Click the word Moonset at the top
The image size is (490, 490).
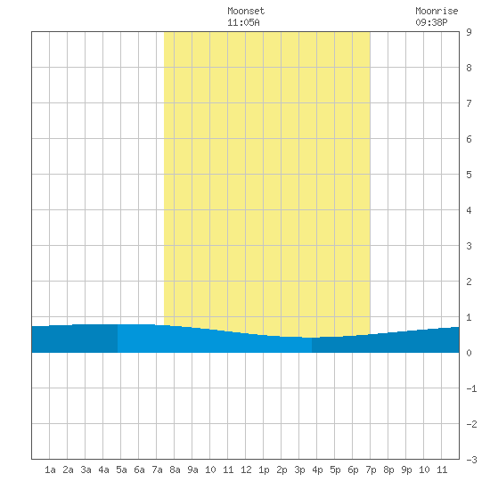[x=246, y=11]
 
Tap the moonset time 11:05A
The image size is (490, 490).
[x=243, y=22]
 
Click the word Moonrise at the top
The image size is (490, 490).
[x=437, y=11]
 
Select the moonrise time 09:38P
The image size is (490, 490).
[x=431, y=22]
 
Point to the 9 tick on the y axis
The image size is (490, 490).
[x=469, y=32]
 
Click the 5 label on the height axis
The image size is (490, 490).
[x=469, y=175]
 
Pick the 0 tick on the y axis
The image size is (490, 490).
[x=469, y=353]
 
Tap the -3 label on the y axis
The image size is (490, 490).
[x=471, y=460]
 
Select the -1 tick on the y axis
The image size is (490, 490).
[x=471, y=388]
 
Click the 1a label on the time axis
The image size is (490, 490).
[x=50, y=470]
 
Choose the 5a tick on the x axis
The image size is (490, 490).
[x=121, y=470]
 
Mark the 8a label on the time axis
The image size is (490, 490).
[x=175, y=470]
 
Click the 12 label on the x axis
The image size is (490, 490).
[x=246, y=470]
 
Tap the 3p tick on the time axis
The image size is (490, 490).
[x=299, y=470]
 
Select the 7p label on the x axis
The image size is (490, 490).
[x=371, y=470]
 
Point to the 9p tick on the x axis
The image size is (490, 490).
[x=406, y=470]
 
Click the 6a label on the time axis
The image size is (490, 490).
[x=139, y=470]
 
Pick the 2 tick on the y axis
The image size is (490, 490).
[x=469, y=282]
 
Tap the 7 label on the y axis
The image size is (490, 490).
[x=469, y=103]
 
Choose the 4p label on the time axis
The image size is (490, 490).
[x=317, y=470]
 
